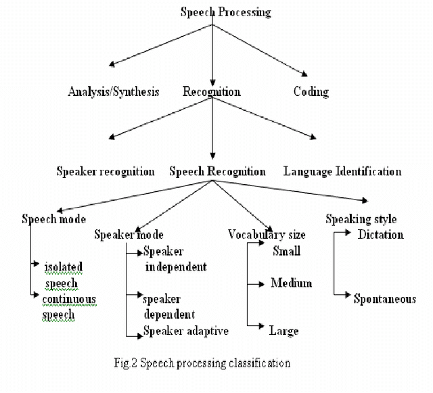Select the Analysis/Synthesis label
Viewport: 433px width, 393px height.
(114, 92)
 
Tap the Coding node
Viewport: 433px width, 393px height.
(311, 92)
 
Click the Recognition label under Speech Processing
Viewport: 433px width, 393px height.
(212, 92)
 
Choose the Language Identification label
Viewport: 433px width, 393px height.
(342, 172)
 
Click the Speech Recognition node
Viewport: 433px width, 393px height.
(217, 172)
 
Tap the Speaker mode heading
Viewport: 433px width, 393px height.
(129, 235)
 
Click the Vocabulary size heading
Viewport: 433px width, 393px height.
(267, 235)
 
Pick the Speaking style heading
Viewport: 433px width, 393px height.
(361, 219)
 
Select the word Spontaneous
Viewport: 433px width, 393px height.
(384, 299)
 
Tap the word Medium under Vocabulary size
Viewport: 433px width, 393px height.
(292, 283)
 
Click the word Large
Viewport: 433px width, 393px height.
(283, 331)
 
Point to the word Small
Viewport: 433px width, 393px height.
(286, 252)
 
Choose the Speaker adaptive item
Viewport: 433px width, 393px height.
(186, 331)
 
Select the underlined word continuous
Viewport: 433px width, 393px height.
(69, 299)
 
